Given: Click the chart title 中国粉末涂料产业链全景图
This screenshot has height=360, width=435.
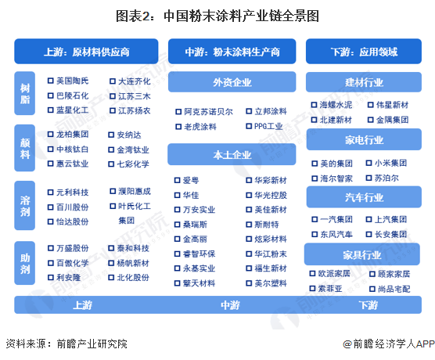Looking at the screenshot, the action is pos(241,16).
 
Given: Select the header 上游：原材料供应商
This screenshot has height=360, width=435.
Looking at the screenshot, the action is pos(86,52).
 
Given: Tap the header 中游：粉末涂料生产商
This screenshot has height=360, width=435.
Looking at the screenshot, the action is pos(232,52).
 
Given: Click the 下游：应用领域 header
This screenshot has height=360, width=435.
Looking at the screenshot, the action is pos(364,52).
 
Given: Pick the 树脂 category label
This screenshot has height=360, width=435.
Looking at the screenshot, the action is pos(25,94).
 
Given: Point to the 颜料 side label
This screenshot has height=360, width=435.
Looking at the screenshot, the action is pos(25,148).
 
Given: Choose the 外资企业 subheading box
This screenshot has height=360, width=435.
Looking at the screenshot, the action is pos(232,82).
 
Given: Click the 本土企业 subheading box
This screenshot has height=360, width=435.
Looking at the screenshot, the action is pos(232,154).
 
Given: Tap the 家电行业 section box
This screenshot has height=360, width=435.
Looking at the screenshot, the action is pos(364,139).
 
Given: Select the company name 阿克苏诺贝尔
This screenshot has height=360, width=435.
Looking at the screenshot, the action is pos(208,112).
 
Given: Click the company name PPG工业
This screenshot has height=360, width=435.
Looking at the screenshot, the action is pos(268,126).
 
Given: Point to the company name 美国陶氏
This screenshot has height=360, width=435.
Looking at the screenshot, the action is pos(73,81).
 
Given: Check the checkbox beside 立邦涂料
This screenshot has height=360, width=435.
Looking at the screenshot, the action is pos(249,111).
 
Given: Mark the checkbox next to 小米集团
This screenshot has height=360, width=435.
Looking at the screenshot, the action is pos(368,163).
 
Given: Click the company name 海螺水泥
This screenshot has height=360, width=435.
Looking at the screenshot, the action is pos(336,105).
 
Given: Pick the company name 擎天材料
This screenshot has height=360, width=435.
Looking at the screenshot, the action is pos(199,283).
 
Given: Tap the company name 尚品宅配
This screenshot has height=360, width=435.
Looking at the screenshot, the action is pos(394,290).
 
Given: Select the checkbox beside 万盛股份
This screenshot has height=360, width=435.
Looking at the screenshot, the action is pos(51,248).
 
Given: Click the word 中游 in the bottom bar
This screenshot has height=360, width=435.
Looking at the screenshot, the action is pos(230,305).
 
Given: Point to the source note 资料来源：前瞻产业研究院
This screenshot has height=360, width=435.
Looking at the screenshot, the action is pos(67,344).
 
